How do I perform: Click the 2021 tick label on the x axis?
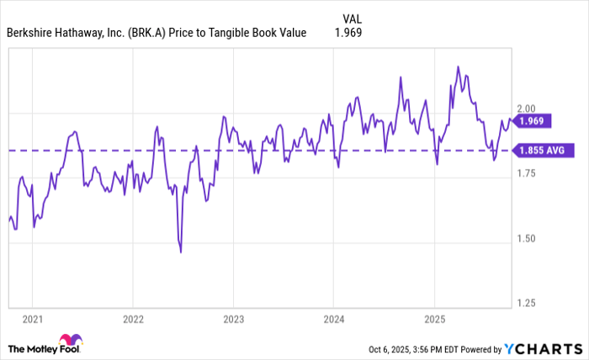click(31, 319)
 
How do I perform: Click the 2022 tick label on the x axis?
click(132, 319)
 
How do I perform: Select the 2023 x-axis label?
click(233, 319)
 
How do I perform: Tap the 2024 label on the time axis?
click(333, 319)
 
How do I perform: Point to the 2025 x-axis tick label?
click(434, 319)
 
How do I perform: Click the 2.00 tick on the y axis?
click(527, 109)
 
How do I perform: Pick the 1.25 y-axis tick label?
click(527, 303)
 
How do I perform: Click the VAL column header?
click(354, 18)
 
